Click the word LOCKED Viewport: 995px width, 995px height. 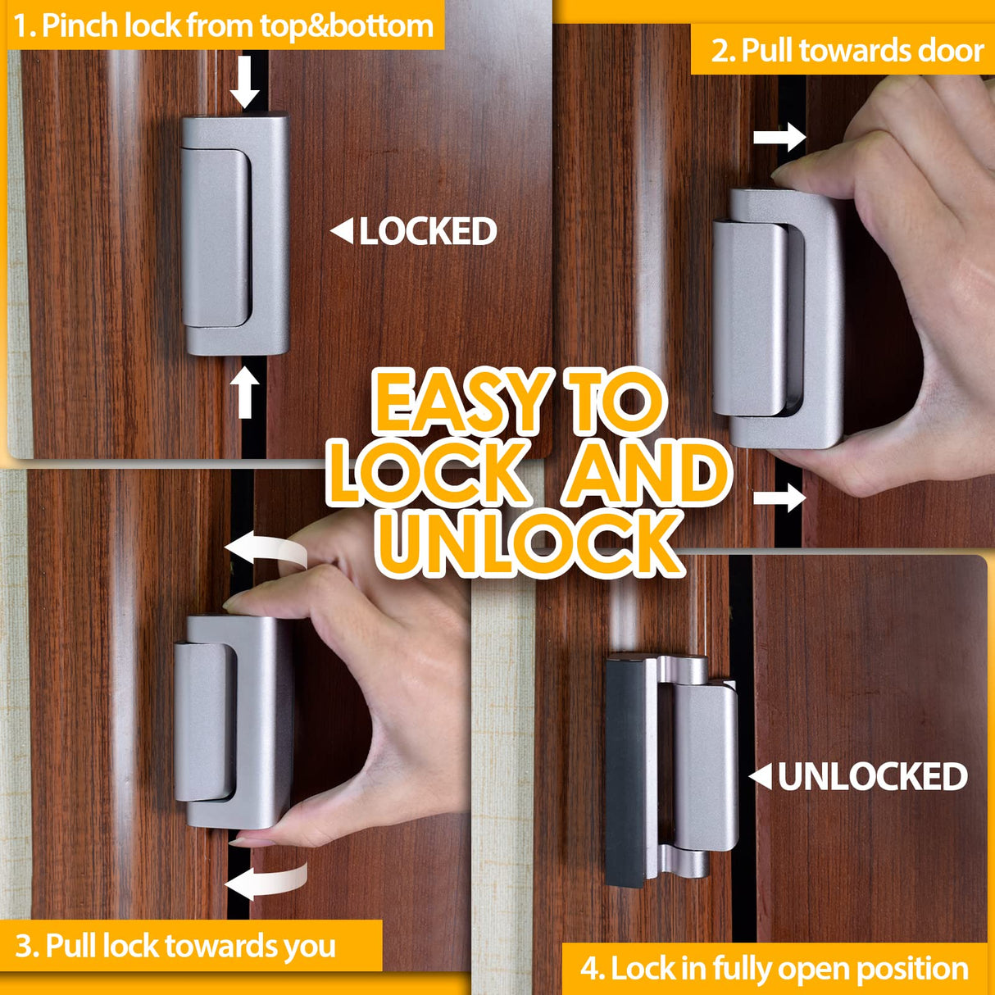point(428,232)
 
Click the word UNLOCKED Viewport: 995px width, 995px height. point(872,777)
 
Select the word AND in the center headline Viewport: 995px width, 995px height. point(647,474)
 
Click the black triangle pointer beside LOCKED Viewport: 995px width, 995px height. point(342,232)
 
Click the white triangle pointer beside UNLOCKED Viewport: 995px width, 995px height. point(761,776)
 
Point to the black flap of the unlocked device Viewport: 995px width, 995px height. point(625,770)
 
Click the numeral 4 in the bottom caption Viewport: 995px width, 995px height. point(589,969)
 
